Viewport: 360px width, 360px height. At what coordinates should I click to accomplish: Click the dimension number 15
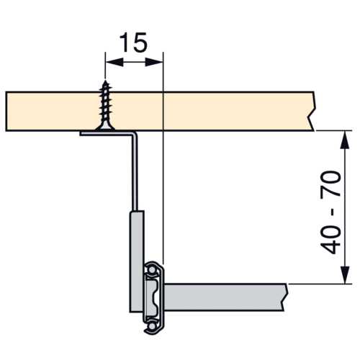[133, 42]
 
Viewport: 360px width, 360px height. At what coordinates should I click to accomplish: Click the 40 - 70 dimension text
[330, 212]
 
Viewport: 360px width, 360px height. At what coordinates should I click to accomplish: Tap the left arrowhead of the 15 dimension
[114, 63]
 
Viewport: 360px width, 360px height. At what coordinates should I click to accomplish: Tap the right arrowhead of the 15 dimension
[154, 63]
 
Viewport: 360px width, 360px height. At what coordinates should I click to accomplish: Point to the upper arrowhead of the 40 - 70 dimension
[345, 140]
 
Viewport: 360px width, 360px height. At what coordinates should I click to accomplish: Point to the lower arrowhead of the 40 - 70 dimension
[345, 274]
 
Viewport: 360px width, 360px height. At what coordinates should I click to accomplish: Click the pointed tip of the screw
[105, 81]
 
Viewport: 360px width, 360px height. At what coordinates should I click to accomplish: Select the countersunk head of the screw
[105, 126]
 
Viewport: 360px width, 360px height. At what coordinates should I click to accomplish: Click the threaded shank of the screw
[105, 102]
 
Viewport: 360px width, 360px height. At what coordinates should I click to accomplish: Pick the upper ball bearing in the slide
[152, 270]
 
